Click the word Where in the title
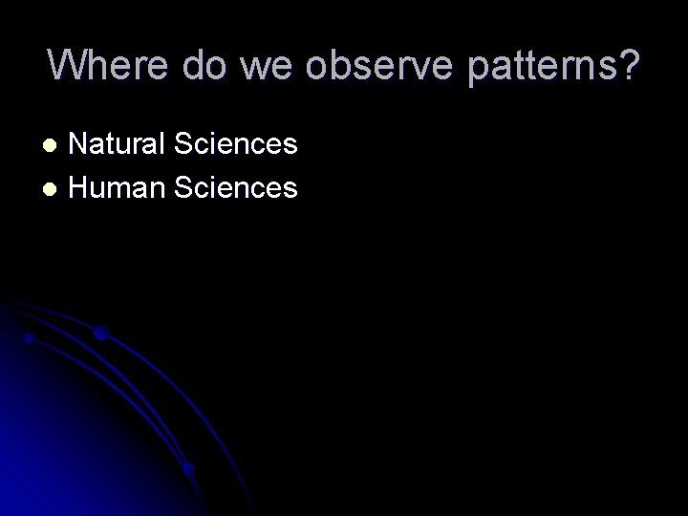point(107,65)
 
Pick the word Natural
point(114,144)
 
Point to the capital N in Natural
point(79,144)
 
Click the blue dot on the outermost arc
point(100,333)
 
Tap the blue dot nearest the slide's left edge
point(30,338)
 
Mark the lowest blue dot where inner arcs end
point(189,468)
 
